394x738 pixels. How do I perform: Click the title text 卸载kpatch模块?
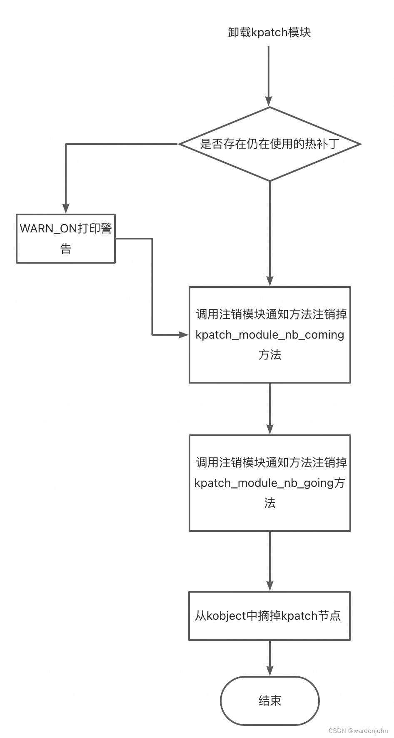point(269,32)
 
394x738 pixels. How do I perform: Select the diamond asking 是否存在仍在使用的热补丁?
point(270,144)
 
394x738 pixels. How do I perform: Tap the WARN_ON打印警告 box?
point(66,238)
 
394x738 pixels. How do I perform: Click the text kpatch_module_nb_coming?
point(270,335)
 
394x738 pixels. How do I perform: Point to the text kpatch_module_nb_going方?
point(270,483)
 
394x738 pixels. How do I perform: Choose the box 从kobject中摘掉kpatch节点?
point(269,616)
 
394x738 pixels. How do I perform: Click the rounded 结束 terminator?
point(269,701)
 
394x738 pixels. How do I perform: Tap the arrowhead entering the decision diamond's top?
point(269,101)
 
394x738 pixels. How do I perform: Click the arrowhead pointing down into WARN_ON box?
point(66,209)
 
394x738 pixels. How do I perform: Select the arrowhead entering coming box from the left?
point(184,334)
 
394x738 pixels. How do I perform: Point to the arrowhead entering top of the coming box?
point(270,281)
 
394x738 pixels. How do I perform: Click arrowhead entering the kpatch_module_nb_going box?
point(270,429)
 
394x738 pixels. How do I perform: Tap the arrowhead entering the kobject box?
point(270,586)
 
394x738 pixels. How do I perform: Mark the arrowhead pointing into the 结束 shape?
point(270,671)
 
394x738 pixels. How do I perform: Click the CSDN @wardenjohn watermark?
point(358,731)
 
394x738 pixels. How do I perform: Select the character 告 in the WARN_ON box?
point(66,249)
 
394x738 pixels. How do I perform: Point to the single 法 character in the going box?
point(270,503)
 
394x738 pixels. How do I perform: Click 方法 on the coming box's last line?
point(270,355)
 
